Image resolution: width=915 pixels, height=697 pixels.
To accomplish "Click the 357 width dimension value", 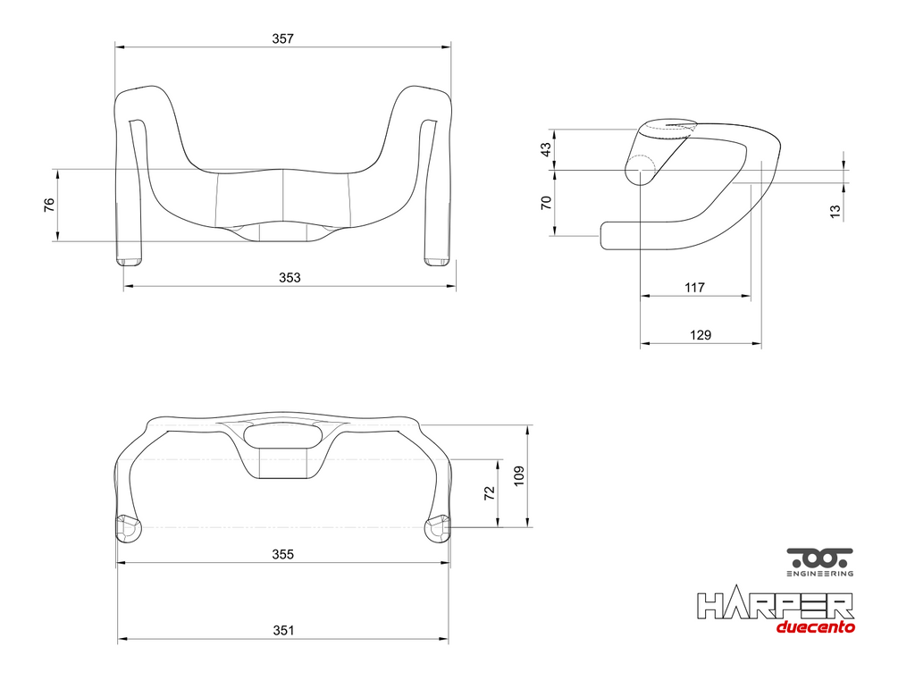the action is (x=283, y=38).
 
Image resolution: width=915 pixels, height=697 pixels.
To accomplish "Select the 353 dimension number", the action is (x=290, y=277).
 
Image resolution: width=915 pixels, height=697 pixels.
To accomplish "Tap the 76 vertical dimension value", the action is (x=49, y=205).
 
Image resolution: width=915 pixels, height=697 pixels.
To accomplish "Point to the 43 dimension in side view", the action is (x=546, y=149).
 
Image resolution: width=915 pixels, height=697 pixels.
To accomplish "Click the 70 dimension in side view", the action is (x=546, y=203).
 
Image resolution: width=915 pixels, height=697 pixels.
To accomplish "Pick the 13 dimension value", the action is (x=835, y=211).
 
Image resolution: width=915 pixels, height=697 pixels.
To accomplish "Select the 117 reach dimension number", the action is (x=694, y=287).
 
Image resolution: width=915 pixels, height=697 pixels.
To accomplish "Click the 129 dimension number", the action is (x=701, y=335).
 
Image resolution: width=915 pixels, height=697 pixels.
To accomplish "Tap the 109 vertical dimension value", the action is (x=519, y=475).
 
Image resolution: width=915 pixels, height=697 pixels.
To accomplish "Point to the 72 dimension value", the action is (x=490, y=492).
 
